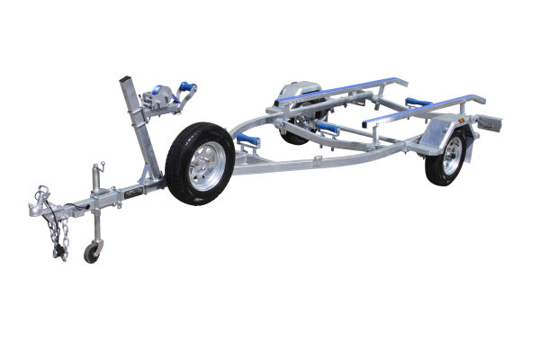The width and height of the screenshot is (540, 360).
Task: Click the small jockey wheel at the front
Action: (x=92, y=253)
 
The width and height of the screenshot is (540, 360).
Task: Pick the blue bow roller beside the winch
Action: (x=187, y=88)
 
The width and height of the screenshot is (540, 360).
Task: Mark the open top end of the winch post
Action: (x=125, y=82)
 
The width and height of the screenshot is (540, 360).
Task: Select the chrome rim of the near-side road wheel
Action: (x=451, y=155)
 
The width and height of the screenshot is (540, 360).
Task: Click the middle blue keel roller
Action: (x=328, y=127)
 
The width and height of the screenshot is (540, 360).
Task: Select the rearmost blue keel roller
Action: (x=418, y=102)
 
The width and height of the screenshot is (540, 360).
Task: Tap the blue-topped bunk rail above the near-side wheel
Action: (x=423, y=106)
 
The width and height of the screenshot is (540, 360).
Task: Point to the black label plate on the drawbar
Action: (x=135, y=192)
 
